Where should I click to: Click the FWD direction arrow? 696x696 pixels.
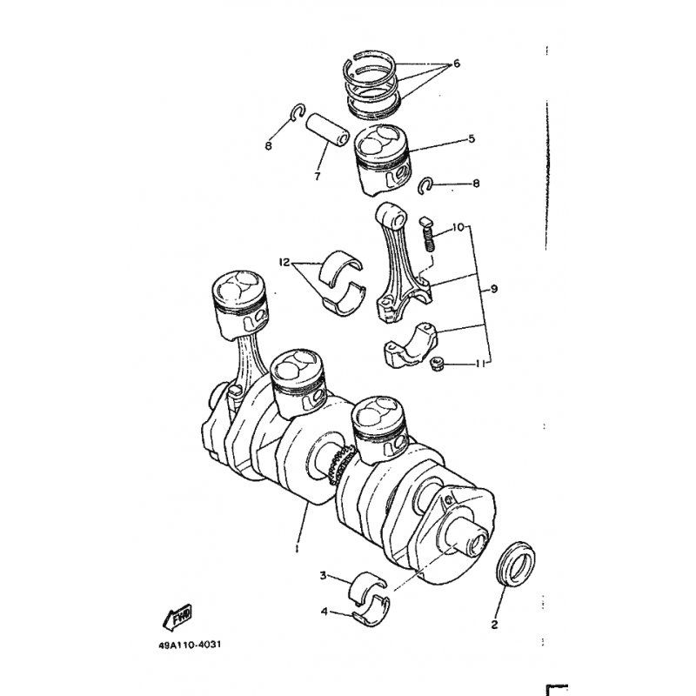pyautogui.click(x=177, y=617)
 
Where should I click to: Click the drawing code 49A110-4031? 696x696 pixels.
pyautogui.click(x=190, y=645)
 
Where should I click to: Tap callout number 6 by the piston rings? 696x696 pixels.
pyautogui.click(x=456, y=64)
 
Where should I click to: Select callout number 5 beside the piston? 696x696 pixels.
pyautogui.click(x=472, y=138)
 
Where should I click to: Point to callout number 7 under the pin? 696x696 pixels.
pyautogui.click(x=317, y=177)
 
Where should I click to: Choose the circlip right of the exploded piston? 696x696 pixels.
pyautogui.click(x=426, y=185)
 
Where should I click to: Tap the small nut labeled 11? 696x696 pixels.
pyautogui.click(x=437, y=365)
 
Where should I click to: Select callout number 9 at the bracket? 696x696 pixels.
pyautogui.click(x=493, y=289)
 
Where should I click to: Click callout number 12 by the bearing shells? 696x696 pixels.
pyautogui.click(x=284, y=262)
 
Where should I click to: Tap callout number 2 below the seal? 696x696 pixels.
pyautogui.click(x=494, y=625)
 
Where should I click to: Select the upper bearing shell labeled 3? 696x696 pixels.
pyautogui.click(x=367, y=585)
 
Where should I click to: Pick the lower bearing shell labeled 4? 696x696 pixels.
pyautogui.click(x=372, y=616)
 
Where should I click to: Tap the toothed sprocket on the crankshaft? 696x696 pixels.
pyautogui.click(x=338, y=465)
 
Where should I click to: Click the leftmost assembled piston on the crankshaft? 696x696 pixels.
pyautogui.click(x=240, y=304)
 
